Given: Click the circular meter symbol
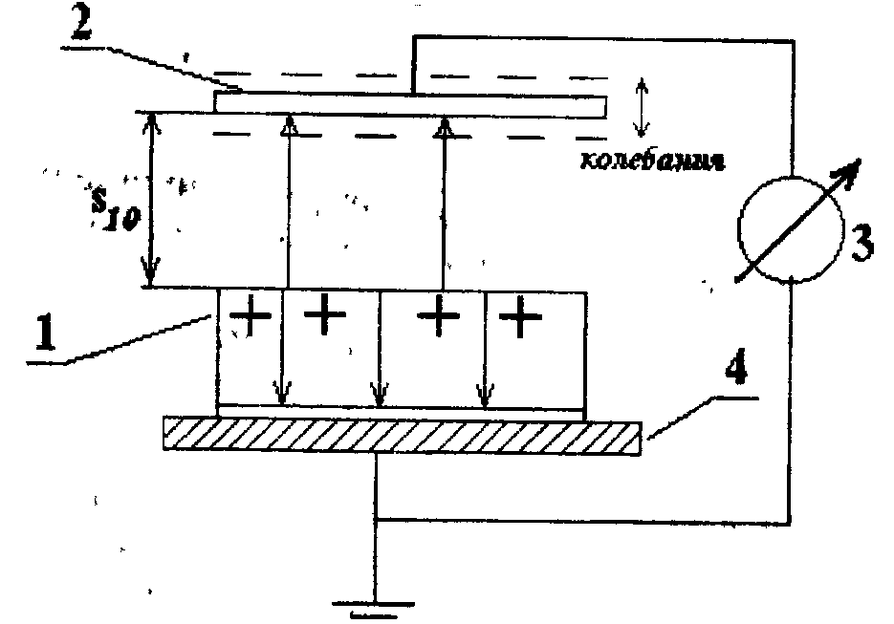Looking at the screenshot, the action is coord(789,227).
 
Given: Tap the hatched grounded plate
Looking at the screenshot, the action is coord(402,436).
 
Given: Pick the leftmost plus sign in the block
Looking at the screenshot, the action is coord(251,316).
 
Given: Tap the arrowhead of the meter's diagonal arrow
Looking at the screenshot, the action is coord(847,173).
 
